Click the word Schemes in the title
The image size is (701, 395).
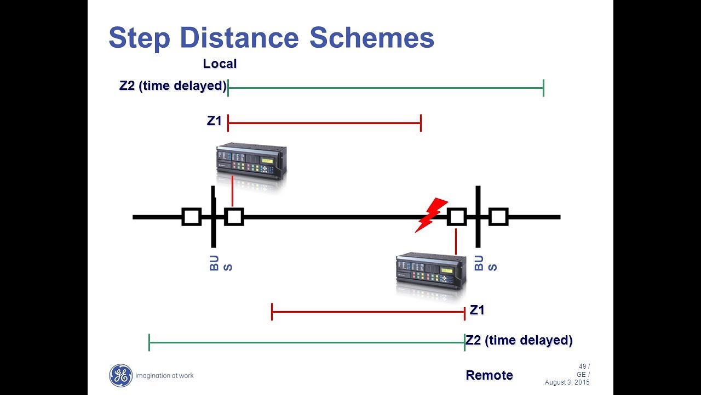[372, 38]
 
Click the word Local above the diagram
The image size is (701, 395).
[220, 64]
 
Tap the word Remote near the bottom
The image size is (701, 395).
[489, 375]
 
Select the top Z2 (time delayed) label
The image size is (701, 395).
[173, 86]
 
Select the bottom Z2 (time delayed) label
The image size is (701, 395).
[519, 340]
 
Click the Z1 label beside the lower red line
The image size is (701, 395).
[477, 311]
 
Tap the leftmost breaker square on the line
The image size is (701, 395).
[191, 217]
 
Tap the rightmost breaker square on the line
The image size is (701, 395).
[498, 217]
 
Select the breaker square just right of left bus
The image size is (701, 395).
[234, 217]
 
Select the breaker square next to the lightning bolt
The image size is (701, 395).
[456, 217]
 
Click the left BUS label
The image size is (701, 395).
[221, 263]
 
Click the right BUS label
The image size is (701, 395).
[485, 263]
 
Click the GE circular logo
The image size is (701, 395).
[120, 376]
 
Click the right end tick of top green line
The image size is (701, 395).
[543, 88]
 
